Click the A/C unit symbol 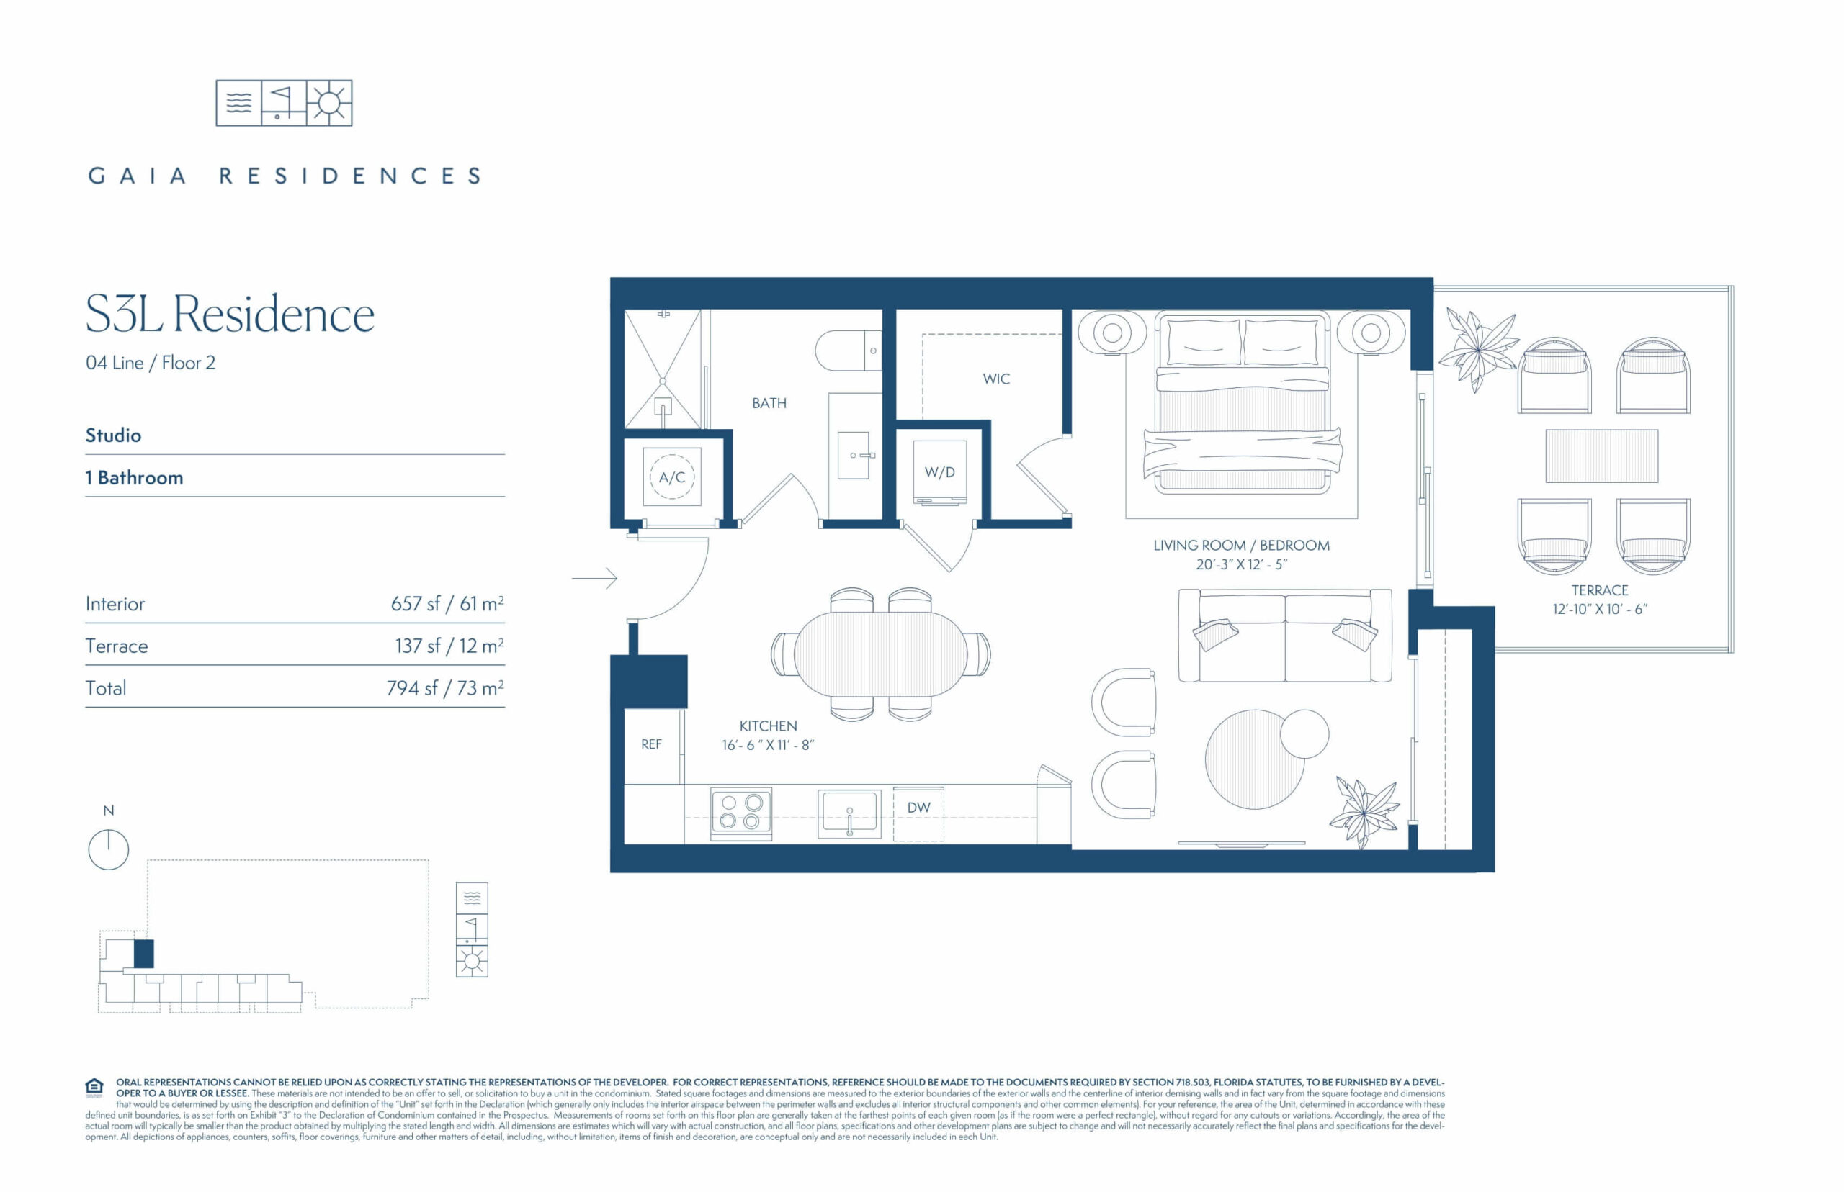click(671, 477)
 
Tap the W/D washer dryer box click(939, 471)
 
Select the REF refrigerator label click(651, 744)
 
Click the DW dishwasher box click(918, 813)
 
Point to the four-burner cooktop click(741, 812)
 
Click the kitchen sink click(849, 813)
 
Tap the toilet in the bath click(848, 351)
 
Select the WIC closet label click(996, 379)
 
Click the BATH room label click(769, 403)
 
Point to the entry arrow click(594, 578)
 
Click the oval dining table click(880, 654)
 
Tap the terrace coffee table click(1601, 456)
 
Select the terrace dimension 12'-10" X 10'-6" click(1600, 609)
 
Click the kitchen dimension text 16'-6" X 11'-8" click(768, 744)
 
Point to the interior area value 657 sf click(415, 604)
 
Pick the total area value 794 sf click(412, 688)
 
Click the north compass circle click(109, 849)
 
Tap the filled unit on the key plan click(143, 954)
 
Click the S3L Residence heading click(230, 315)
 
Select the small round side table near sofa click(1304, 733)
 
